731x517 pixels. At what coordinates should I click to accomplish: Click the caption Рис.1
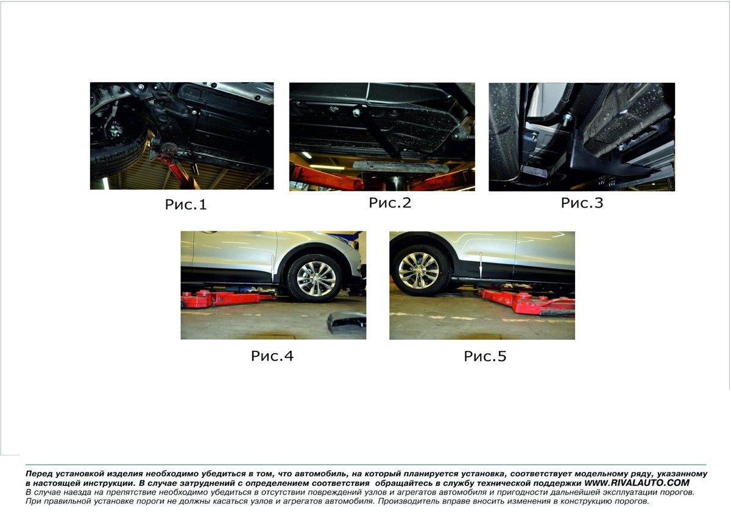point(186,205)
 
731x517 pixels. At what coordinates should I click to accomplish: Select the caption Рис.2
point(390,203)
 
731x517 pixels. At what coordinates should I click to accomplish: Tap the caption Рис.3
point(582,203)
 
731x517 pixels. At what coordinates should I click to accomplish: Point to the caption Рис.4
point(272,356)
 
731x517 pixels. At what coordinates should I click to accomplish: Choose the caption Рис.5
point(485,356)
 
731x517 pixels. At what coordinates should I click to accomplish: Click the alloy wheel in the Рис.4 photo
point(316,278)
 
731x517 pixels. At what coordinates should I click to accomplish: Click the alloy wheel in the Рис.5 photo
point(419,270)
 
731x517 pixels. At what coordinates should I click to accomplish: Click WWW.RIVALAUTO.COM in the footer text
point(637,483)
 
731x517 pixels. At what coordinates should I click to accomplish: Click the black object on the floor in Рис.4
point(347,322)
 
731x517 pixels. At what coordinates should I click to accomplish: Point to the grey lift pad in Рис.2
point(401,167)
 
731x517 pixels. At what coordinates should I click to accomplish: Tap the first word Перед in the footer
point(38,474)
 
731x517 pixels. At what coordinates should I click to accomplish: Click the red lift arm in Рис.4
point(228,298)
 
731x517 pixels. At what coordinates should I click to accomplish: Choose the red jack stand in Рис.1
point(175,167)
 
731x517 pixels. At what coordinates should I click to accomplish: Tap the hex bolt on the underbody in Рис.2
point(356,113)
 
